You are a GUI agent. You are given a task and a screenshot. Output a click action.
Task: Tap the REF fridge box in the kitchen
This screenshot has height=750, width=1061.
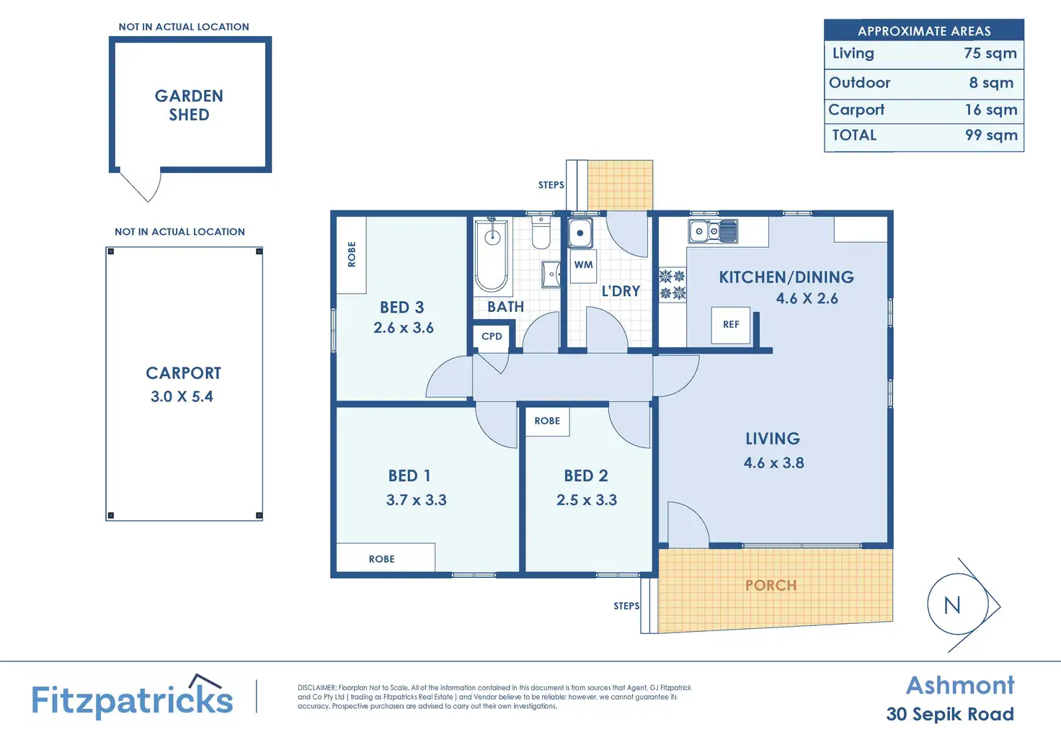(x=730, y=325)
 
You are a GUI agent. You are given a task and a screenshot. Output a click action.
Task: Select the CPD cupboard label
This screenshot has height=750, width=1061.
(x=492, y=336)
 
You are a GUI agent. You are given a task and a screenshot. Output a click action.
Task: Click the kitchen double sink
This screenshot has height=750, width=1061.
(x=713, y=231)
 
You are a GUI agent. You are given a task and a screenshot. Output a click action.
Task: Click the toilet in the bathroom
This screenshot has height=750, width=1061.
(x=541, y=234)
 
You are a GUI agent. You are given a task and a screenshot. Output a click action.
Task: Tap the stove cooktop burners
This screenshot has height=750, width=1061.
(x=672, y=285)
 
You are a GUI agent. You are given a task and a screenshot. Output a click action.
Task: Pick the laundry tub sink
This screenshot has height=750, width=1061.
(x=580, y=233)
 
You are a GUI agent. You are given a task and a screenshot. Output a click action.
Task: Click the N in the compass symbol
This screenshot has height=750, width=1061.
(x=952, y=606)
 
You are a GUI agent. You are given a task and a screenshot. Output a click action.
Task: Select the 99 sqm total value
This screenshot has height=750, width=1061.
(x=991, y=135)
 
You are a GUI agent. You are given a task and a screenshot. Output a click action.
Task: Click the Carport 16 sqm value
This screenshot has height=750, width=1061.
(x=991, y=110)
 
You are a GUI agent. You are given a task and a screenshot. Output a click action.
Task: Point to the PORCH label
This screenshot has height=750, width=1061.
(x=771, y=586)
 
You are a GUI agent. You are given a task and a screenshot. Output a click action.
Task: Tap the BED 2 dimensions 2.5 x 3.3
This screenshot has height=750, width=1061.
(x=587, y=500)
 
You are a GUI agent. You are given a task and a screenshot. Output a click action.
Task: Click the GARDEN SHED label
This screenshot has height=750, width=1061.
(x=189, y=105)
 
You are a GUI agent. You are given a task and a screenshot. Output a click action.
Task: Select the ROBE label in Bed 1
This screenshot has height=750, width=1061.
(x=381, y=559)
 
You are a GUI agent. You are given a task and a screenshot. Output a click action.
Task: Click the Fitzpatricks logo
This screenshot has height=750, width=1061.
(x=132, y=697)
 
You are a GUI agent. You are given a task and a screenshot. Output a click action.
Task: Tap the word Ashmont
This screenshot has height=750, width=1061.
(x=960, y=686)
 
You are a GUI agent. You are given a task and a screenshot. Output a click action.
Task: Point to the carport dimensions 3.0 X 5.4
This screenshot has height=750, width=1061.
(x=182, y=396)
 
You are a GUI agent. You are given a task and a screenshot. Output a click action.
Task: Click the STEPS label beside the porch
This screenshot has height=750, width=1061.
(x=626, y=606)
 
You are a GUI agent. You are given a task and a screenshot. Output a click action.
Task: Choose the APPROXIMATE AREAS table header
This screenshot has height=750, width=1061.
(x=924, y=31)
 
